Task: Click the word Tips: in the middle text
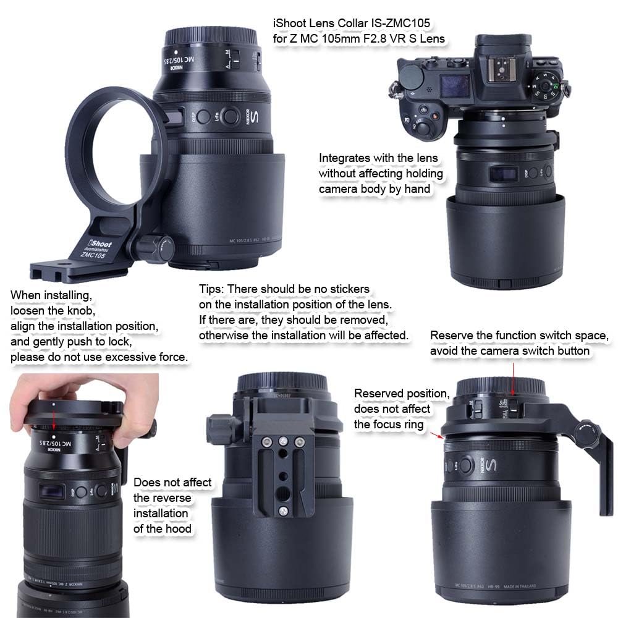tap(214, 289)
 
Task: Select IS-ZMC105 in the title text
tap(398, 23)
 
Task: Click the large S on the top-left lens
tap(254, 117)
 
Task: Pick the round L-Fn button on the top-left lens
tap(230, 116)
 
